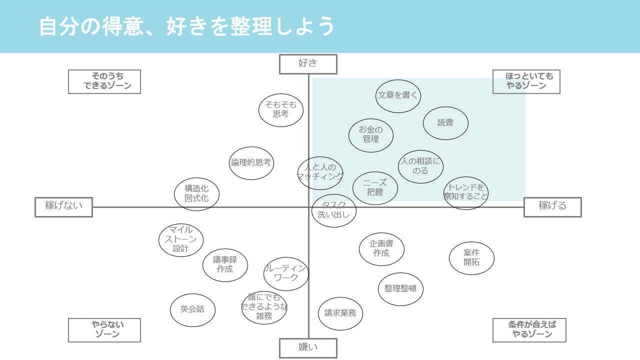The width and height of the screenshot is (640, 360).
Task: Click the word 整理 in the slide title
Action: pos(251,26)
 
